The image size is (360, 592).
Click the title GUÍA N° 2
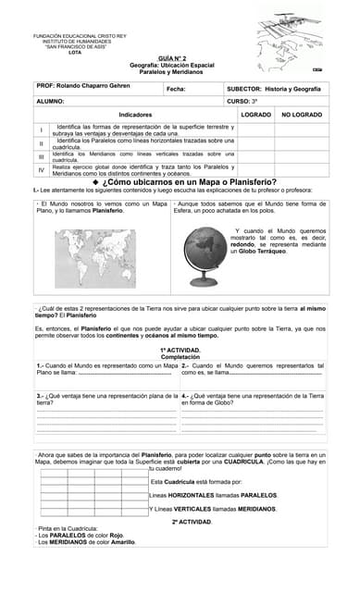click(179, 57)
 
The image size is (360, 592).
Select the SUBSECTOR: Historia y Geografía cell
click(274, 88)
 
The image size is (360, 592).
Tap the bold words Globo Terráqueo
click(265, 252)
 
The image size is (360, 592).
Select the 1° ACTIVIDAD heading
click(180, 351)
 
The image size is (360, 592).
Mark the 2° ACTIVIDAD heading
click(192, 522)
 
